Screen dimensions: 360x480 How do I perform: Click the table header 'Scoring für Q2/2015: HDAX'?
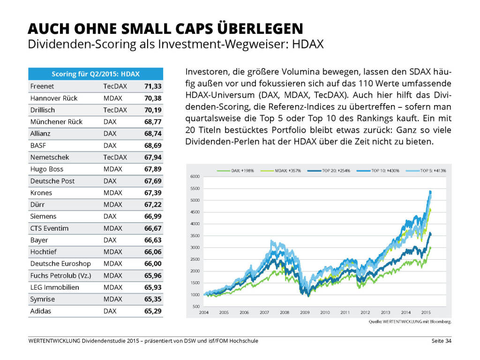96,74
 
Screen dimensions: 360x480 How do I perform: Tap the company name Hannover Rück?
54,98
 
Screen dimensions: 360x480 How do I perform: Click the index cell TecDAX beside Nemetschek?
115,157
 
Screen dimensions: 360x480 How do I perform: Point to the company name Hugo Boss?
46,169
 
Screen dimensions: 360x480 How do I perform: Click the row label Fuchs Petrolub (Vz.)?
60,275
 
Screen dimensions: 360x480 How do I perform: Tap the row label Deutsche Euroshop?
60,263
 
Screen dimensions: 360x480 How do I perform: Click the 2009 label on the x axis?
304,312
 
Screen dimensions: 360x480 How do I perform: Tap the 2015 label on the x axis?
425,312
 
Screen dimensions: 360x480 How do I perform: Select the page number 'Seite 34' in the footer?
442,341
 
